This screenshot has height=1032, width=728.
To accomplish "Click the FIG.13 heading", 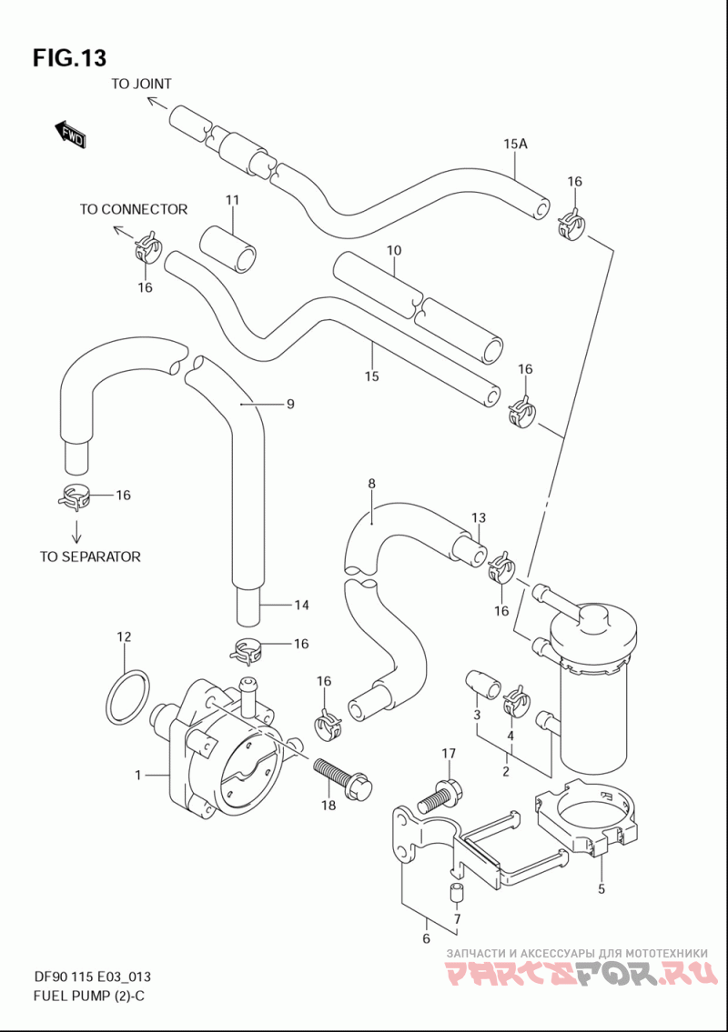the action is click(x=69, y=58).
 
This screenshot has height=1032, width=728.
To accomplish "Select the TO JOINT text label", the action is click(x=141, y=84).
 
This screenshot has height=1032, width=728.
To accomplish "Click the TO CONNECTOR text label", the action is click(x=134, y=209).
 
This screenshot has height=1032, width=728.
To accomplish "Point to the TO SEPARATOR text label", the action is click(x=90, y=556).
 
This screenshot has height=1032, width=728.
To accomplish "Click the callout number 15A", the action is click(x=515, y=144).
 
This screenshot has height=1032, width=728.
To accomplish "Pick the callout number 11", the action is click(x=232, y=200).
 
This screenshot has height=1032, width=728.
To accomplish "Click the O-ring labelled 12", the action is click(x=127, y=696).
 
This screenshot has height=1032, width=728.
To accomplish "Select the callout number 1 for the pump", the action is click(x=138, y=776).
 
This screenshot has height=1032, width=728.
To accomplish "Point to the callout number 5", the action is click(x=601, y=890).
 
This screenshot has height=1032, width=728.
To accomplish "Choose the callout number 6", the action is click(x=426, y=938).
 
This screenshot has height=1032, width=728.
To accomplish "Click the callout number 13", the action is click(x=479, y=518).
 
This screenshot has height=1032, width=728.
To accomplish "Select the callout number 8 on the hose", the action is click(x=371, y=484).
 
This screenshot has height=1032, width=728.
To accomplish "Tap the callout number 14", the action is click(x=301, y=606).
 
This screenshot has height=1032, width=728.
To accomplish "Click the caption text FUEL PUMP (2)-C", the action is click(x=89, y=996).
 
